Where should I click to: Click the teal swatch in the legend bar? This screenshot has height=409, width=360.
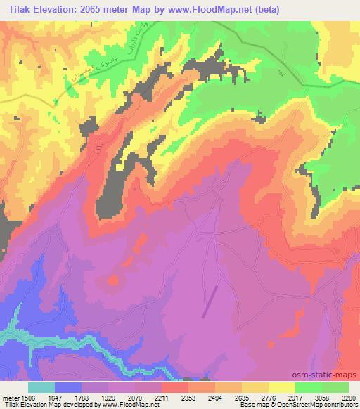tap(41, 387)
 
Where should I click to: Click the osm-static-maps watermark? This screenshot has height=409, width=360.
tap(330, 372)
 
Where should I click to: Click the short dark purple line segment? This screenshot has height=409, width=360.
tap(210, 302)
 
